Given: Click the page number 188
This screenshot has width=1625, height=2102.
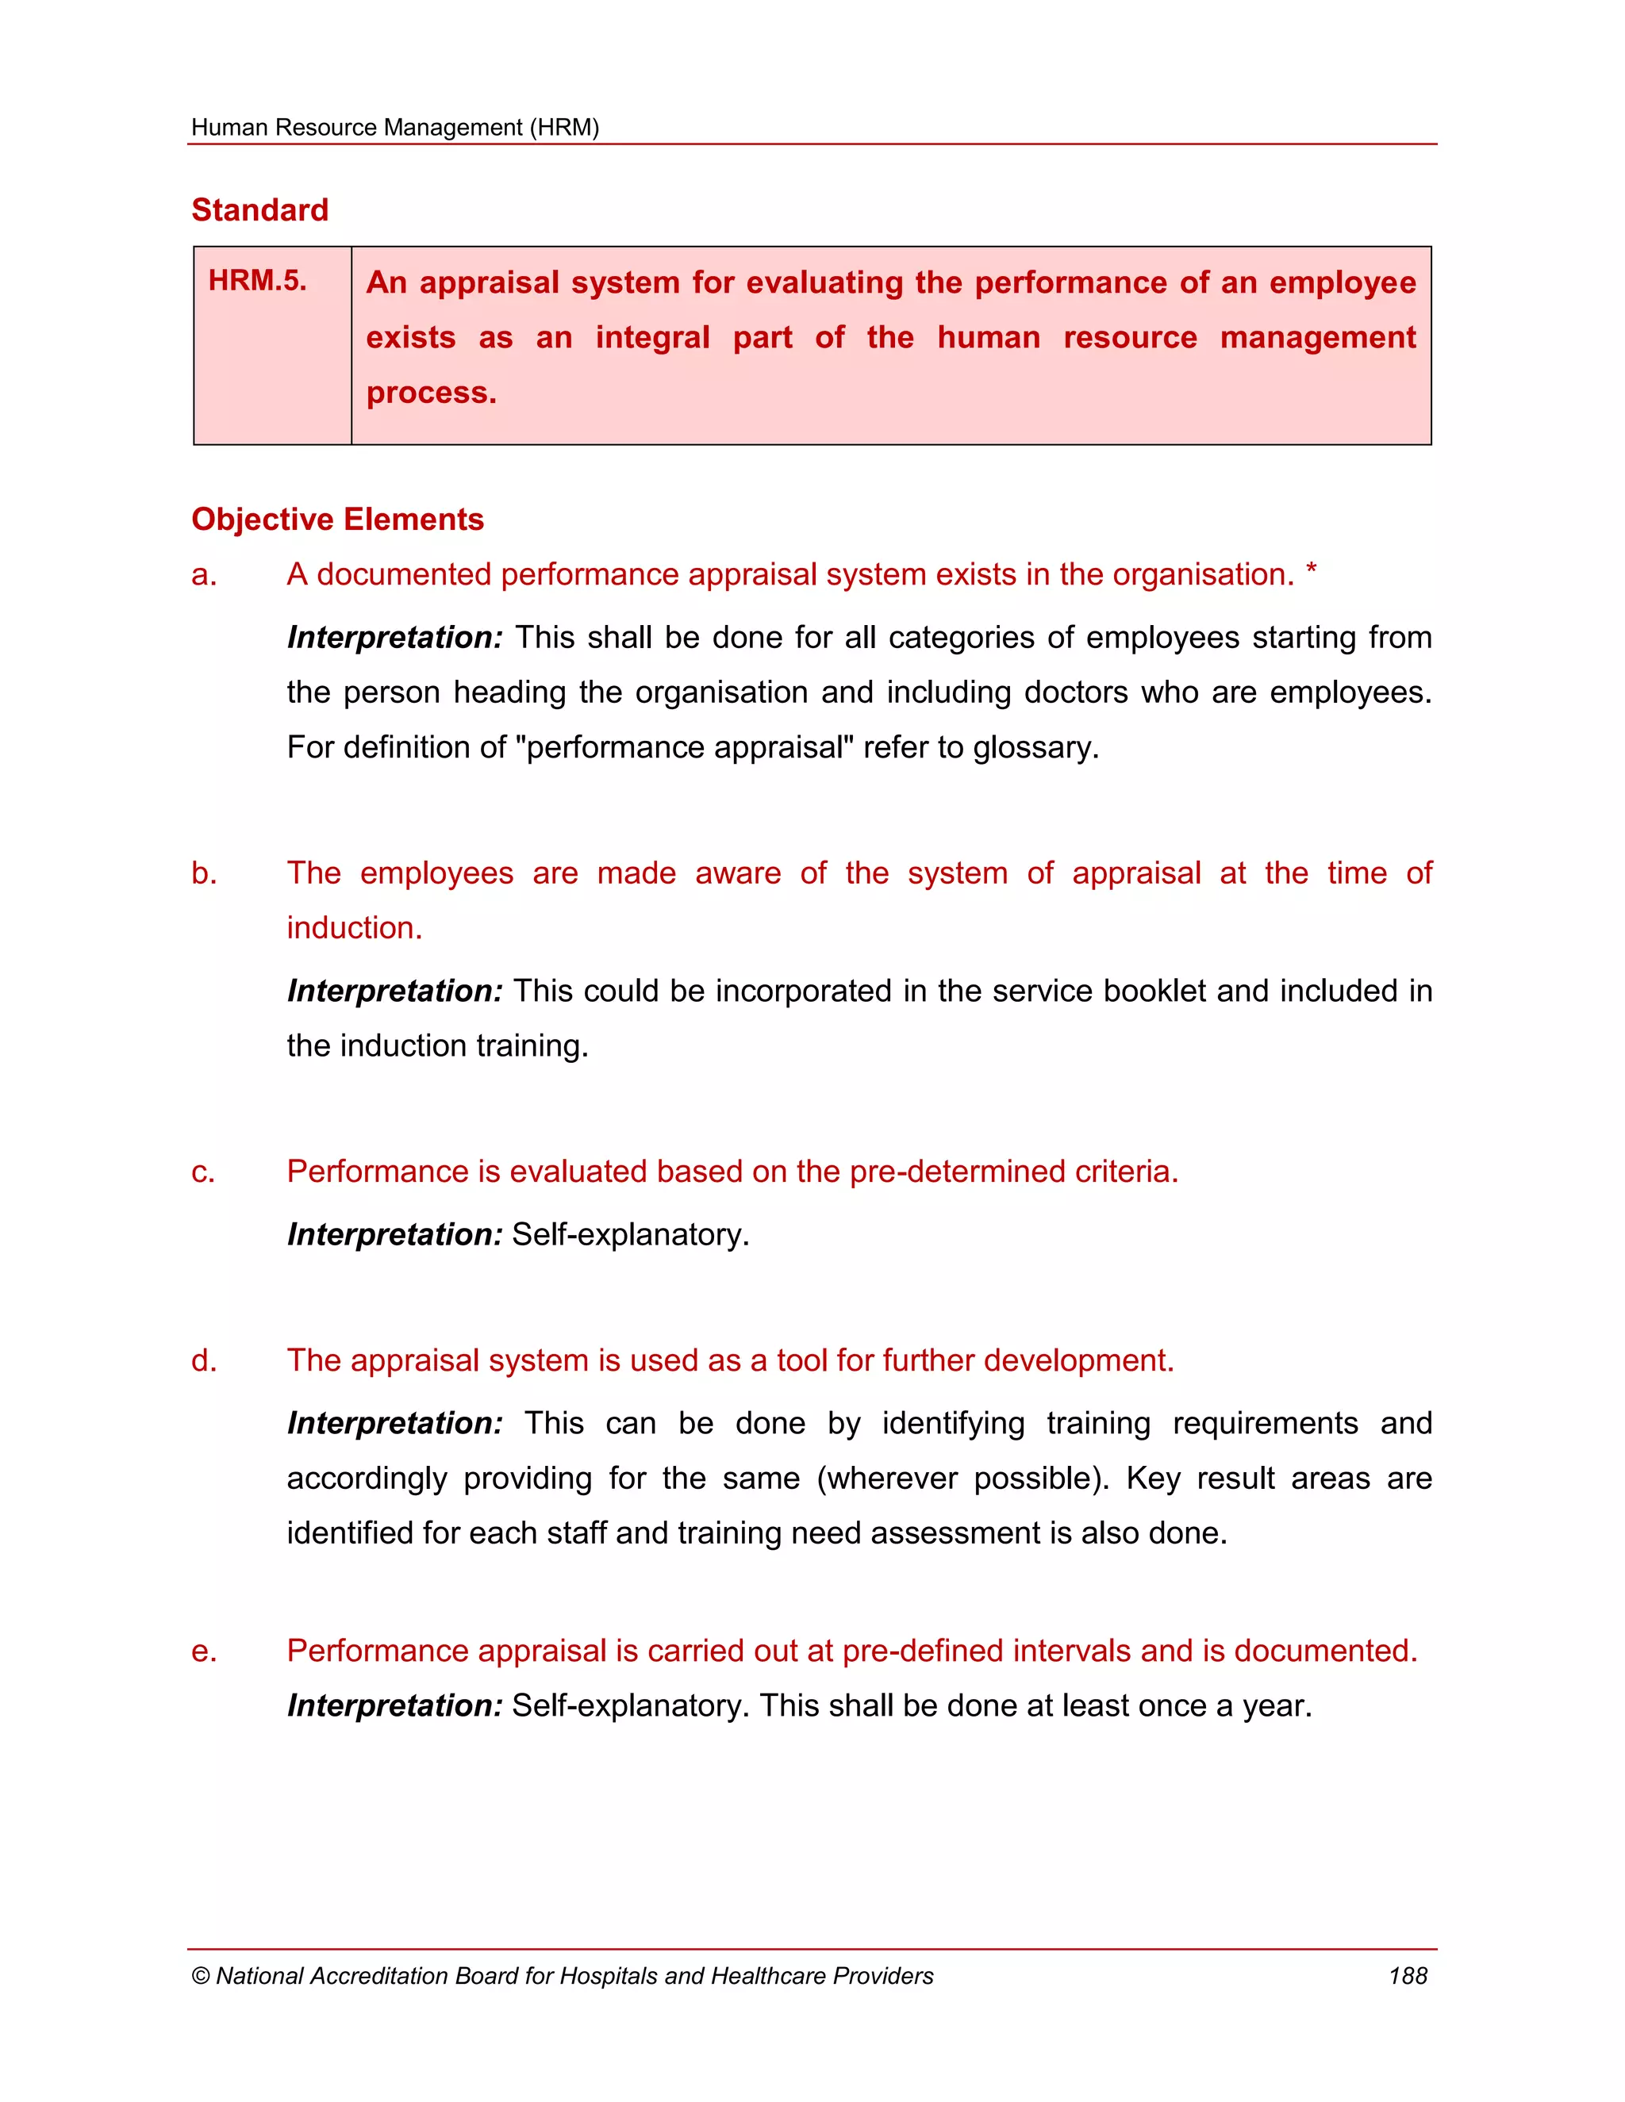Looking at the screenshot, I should (1408, 1976).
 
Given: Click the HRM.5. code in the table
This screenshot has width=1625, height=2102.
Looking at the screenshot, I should (257, 281).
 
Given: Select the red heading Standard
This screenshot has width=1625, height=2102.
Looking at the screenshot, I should (260, 210).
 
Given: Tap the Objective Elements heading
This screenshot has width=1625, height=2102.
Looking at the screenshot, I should (337, 520).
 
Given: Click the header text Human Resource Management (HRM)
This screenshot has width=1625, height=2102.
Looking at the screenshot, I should (394, 127).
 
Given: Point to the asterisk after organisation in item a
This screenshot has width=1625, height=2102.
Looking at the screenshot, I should (1311, 571).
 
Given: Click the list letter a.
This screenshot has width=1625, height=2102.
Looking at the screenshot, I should (203, 576).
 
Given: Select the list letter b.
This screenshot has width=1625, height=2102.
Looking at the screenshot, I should (203, 873).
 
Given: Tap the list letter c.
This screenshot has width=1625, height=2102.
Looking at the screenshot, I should (202, 1173).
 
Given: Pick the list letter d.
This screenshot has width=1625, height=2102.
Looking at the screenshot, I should (203, 1361).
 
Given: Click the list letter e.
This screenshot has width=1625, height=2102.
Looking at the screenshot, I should (203, 1651).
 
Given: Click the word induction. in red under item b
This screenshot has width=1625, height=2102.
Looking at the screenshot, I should (354, 928).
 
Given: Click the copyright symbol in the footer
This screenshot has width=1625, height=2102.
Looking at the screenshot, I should (200, 1977).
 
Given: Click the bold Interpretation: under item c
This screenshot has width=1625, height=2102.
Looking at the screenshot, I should (394, 1235).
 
